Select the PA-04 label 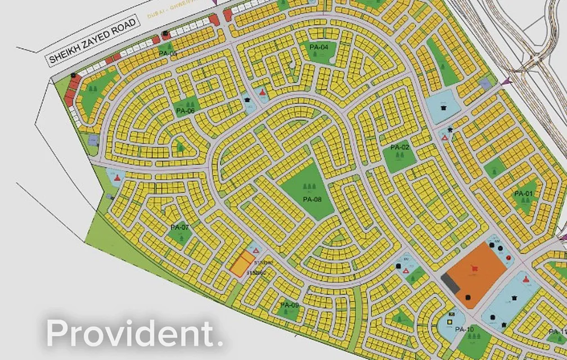coord(318,47)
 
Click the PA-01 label coord(523,194)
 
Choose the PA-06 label coord(184,111)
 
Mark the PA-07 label coord(179,228)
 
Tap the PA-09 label coord(289,305)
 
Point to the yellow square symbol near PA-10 coord(450,322)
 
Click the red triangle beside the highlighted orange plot coord(256,250)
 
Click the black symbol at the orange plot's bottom coord(467,297)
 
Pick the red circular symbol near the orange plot coord(508,258)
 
